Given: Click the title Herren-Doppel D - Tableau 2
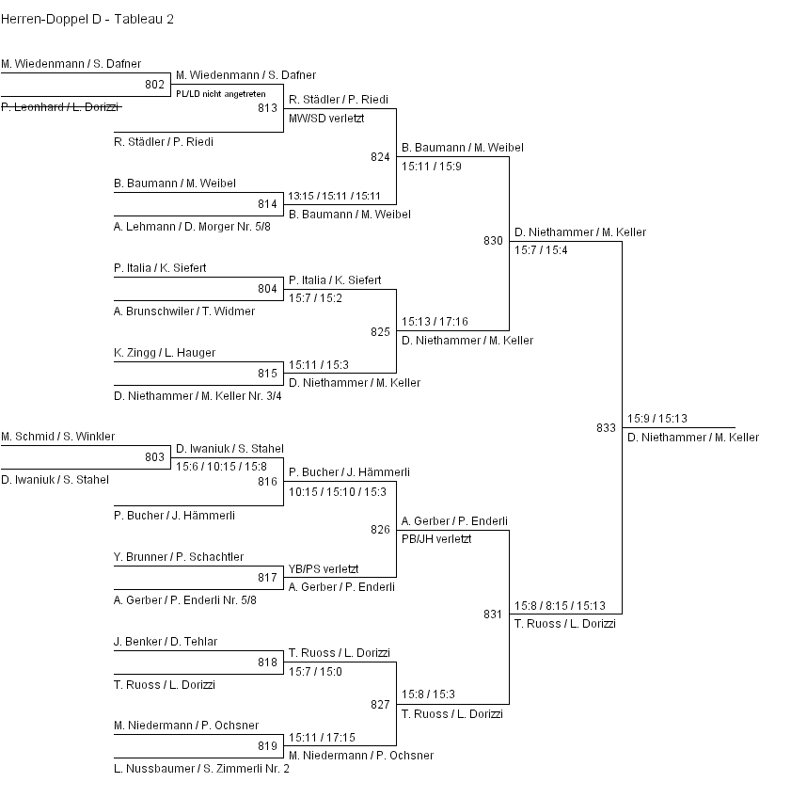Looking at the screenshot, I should (87, 19).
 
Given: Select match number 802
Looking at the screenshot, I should (155, 85).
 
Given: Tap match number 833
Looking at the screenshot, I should (606, 428).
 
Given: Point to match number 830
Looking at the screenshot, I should (493, 241).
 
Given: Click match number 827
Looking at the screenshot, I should (380, 705).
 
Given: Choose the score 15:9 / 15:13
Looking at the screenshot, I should (657, 419).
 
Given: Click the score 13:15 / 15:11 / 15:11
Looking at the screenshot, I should (335, 197).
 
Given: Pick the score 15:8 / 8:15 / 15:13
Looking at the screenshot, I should (560, 606).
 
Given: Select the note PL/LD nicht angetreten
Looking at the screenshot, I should (220, 94).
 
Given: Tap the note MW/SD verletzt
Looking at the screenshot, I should (326, 119).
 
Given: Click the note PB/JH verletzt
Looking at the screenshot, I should (436, 539).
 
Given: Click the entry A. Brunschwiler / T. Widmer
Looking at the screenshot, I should (184, 311).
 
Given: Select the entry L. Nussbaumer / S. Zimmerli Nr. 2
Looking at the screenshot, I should (201, 769).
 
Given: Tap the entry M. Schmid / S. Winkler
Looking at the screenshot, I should (57, 437).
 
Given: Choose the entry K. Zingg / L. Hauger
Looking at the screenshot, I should (165, 353).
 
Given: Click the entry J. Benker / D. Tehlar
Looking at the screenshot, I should (166, 642).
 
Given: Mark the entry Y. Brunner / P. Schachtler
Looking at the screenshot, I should (179, 557).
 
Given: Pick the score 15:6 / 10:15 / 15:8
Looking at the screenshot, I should (221, 466).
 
